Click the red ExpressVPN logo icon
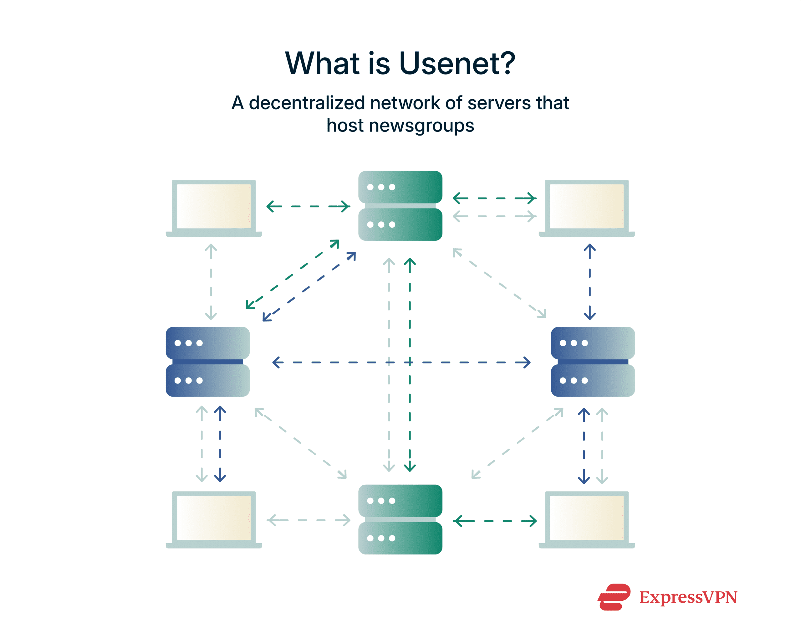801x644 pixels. (x=614, y=597)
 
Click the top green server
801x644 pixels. (x=400, y=206)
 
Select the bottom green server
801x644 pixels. (x=400, y=519)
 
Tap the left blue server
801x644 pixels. (x=208, y=362)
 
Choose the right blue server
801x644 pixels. (x=593, y=362)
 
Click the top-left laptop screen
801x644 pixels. (x=214, y=206)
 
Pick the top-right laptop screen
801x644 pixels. (x=586, y=206)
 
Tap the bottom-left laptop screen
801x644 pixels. (x=214, y=517)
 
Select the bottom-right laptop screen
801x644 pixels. (x=586, y=517)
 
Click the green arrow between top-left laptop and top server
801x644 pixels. (x=309, y=206)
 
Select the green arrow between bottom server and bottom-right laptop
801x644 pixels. (x=494, y=521)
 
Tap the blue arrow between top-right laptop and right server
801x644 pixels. (x=589, y=282)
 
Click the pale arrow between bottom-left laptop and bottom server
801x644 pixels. (x=309, y=520)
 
